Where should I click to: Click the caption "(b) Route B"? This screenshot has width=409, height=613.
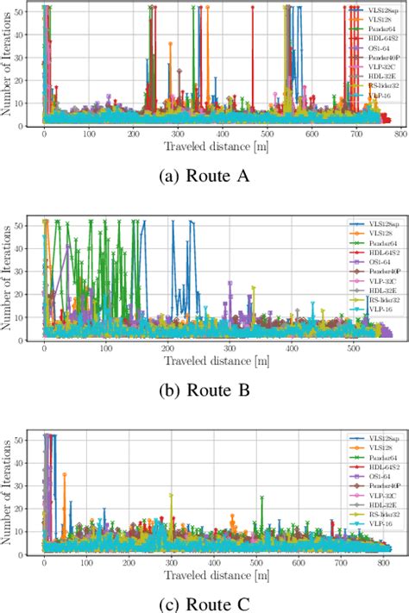(204, 390)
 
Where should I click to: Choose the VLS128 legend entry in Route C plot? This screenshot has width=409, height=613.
(377, 449)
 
